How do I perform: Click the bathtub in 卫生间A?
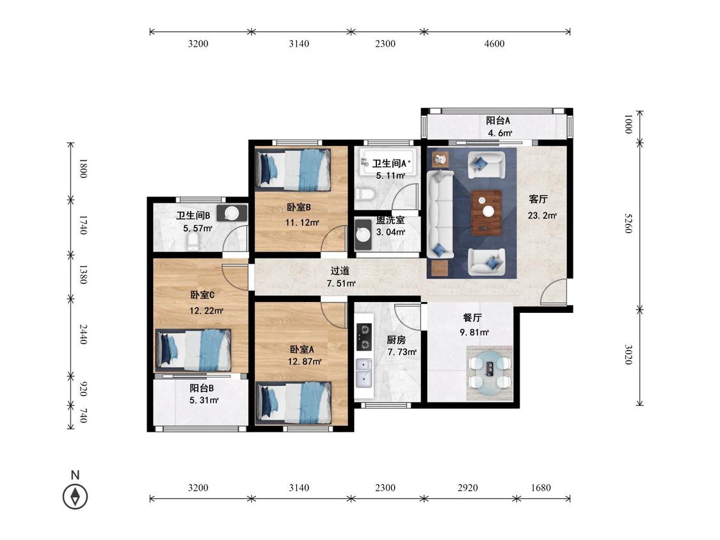click(389, 162)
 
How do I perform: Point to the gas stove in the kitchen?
click(365, 337)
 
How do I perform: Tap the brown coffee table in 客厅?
click(486, 212)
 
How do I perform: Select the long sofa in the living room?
click(440, 214)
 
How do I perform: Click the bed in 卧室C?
click(193, 350)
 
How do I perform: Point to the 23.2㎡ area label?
click(542, 215)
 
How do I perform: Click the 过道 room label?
click(340, 271)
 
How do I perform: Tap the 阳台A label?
click(498, 121)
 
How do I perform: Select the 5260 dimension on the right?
click(628, 223)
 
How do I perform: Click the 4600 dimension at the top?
click(494, 44)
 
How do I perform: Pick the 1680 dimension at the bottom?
click(540, 488)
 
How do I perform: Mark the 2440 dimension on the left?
click(83, 334)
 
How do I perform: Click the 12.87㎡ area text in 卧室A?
click(305, 361)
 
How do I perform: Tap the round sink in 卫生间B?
click(232, 214)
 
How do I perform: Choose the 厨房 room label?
click(396, 340)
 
